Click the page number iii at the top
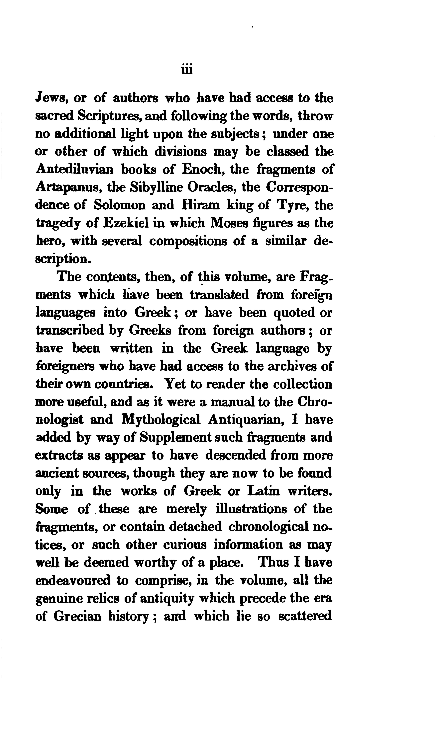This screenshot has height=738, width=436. tap(187, 70)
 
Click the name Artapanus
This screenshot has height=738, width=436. tap(68, 187)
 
